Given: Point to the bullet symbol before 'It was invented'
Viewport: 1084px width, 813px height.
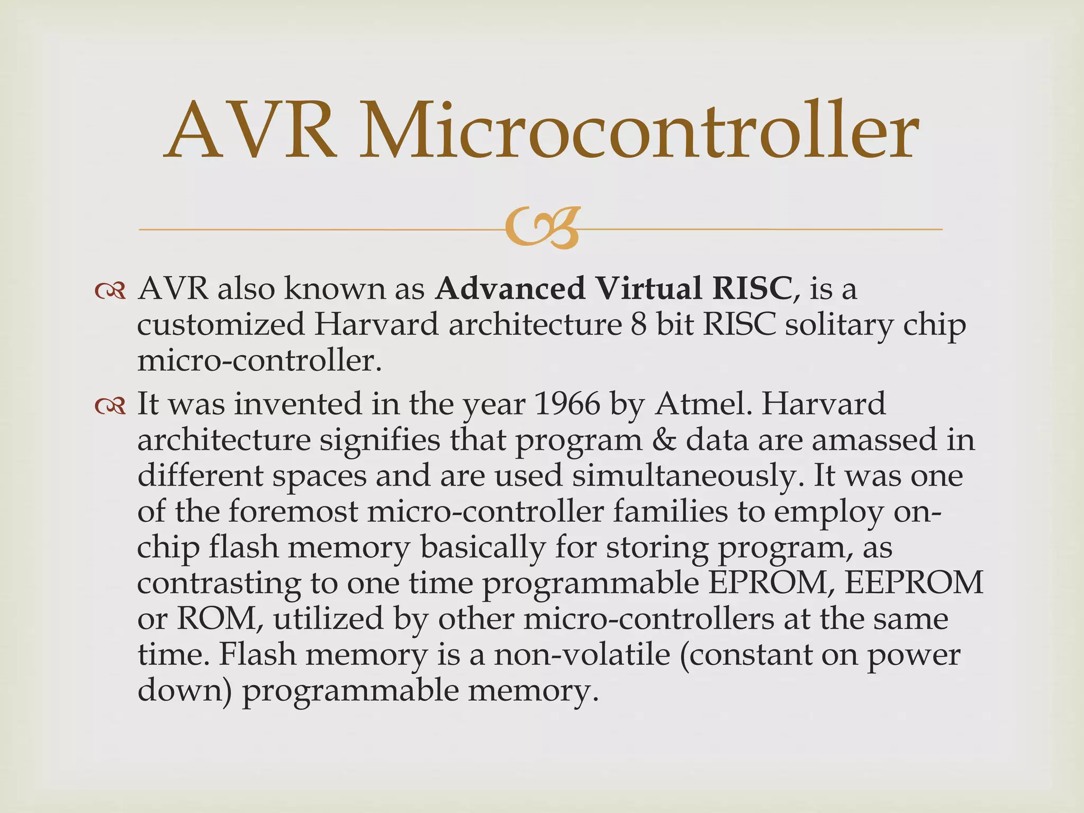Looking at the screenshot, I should pos(110,405).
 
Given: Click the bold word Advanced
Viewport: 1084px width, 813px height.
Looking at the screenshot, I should pos(510,289).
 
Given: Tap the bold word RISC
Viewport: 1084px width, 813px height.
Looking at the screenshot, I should pos(752,289).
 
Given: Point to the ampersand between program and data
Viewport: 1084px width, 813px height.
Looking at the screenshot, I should pos(664,440).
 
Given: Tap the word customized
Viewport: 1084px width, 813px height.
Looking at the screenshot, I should pos(221,325).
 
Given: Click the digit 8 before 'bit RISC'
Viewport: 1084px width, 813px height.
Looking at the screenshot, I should pos(639,325).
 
